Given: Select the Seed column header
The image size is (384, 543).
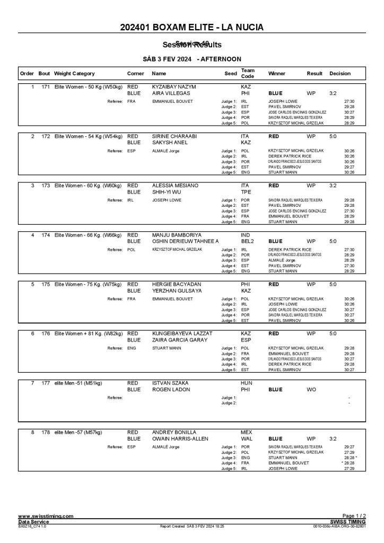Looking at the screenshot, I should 231,73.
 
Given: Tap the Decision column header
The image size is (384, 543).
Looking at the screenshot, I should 339,73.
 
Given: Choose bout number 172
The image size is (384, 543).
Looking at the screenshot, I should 45,136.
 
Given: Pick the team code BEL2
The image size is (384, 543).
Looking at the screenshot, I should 248,241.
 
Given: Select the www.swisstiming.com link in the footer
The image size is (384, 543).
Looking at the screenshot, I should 46,516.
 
